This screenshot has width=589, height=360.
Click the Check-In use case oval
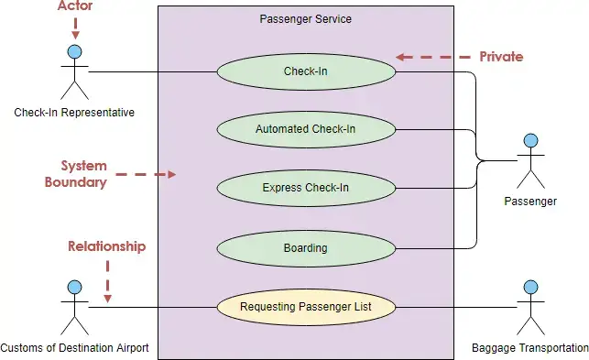click(305, 71)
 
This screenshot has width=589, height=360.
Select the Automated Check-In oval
click(305, 129)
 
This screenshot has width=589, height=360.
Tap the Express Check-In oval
click(305, 189)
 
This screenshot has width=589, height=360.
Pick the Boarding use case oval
click(305, 247)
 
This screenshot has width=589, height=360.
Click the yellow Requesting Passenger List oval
click(305, 307)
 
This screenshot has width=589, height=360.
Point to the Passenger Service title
click(305, 18)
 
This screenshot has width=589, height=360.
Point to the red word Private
click(501, 57)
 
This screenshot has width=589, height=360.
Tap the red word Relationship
click(107, 246)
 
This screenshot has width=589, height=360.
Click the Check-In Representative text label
click(74, 113)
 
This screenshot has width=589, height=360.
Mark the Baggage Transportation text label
click(529, 348)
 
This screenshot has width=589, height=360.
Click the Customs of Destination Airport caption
click(75, 348)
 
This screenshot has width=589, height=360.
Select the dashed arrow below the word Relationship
click(107, 279)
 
